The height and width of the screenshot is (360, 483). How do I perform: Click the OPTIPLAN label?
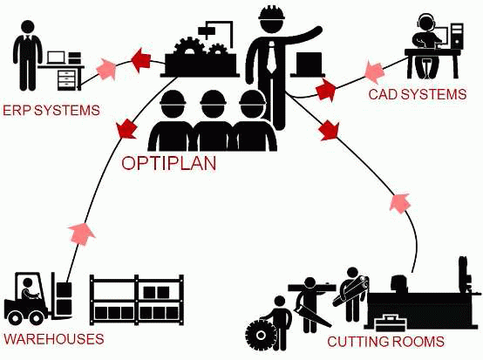pyautogui.click(x=169, y=163)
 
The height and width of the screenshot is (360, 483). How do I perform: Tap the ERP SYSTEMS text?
pyautogui.click(x=51, y=111)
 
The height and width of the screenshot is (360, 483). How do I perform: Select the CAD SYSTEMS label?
pyautogui.click(x=418, y=94)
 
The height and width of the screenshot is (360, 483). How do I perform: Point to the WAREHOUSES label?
pyautogui.click(x=53, y=339)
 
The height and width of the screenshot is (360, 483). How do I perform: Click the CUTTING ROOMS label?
pyautogui.click(x=385, y=342)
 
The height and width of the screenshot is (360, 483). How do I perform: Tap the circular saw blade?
pyautogui.click(x=262, y=335)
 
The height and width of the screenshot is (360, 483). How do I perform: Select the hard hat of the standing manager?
pyautogui.click(x=271, y=14)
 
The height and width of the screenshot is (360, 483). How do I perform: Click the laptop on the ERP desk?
pyautogui.click(x=57, y=58)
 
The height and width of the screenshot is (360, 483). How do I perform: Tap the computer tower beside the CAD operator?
pyautogui.click(x=457, y=36)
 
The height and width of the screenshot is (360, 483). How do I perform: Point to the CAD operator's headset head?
pyautogui.click(x=425, y=23)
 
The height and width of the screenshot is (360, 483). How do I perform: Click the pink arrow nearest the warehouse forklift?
pyautogui.click(x=82, y=234)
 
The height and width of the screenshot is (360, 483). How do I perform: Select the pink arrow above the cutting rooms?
pyautogui.click(x=400, y=203)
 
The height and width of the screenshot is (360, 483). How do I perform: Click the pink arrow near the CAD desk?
pyautogui.click(x=374, y=72)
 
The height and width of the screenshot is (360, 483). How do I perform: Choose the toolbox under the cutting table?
pyautogui.click(x=391, y=323)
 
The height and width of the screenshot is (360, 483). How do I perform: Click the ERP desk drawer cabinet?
pyautogui.click(x=67, y=78)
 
